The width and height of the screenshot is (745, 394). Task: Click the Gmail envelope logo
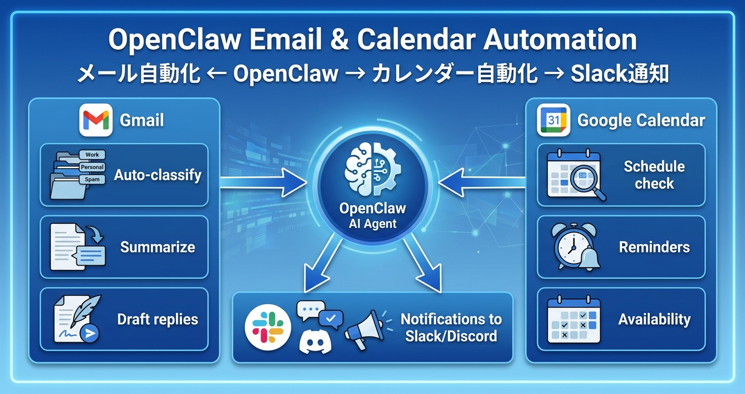tap(96, 120)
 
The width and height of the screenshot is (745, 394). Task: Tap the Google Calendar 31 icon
tap(554, 120)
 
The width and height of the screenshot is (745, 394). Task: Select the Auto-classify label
tap(157, 175)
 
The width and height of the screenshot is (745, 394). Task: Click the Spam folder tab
tap(92, 179)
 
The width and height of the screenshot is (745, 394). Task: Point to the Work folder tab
tap(92, 155)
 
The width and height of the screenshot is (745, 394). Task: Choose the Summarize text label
tap(157, 247)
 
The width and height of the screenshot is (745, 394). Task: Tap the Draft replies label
tap(157, 319)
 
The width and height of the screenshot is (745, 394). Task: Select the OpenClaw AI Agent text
tap(372, 215)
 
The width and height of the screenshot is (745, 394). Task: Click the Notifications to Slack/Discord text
tap(451, 327)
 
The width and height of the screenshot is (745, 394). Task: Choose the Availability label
tap(654, 319)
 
